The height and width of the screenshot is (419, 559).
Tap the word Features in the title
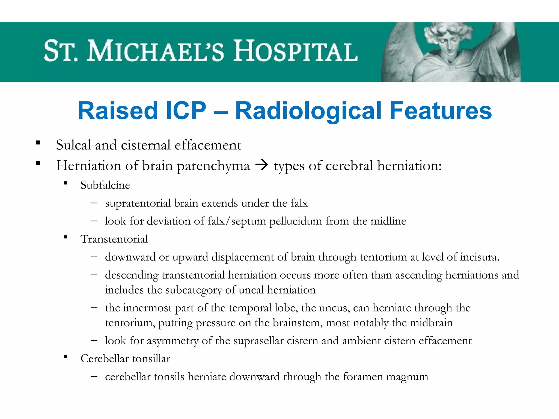click(x=441, y=110)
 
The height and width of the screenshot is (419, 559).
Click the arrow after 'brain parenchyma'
click(x=261, y=165)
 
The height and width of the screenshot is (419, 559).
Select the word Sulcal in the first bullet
click(x=73, y=145)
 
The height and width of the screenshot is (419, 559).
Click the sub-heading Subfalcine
click(x=105, y=185)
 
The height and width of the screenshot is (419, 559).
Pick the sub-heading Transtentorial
click(x=114, y=239)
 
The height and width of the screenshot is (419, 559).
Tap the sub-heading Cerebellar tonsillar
click(x=125, y=358)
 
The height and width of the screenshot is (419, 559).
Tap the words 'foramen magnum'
click(x=385, y=377)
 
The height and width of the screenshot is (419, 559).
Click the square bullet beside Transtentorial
click(x=66, y=237)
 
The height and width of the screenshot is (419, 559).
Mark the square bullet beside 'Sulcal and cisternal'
click(x=38, y=143)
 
